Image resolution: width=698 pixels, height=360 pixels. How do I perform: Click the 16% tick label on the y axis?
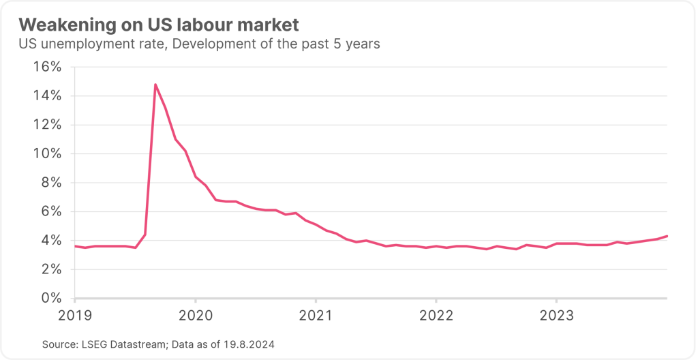[48, 67]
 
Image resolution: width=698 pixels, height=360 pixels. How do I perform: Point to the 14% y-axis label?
[48, 95]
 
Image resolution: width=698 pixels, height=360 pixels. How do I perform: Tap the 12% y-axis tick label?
[48, 125]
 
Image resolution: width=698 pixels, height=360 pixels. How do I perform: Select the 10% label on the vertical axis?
[48, 153]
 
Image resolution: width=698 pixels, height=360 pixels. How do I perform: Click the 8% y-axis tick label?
[52, 183]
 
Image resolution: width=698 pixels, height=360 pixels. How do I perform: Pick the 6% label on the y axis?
[52, 211]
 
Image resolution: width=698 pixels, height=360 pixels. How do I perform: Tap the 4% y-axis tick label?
[52, 240]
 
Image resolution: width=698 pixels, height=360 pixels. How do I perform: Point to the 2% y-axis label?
[52, 269]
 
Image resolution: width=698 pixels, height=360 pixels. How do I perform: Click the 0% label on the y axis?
[52, 298]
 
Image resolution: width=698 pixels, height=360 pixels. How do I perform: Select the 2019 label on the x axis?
[75, 316]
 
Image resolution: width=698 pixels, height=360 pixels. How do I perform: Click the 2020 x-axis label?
[195, 316]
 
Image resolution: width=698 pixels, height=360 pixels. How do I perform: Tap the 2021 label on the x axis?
[316, 316]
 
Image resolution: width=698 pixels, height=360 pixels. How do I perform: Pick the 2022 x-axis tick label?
[436, 316]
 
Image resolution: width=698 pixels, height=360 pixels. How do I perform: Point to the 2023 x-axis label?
[556, 316]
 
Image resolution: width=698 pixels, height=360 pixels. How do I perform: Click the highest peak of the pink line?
[155, 85]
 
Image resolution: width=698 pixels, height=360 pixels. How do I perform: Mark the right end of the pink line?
[667, 236]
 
